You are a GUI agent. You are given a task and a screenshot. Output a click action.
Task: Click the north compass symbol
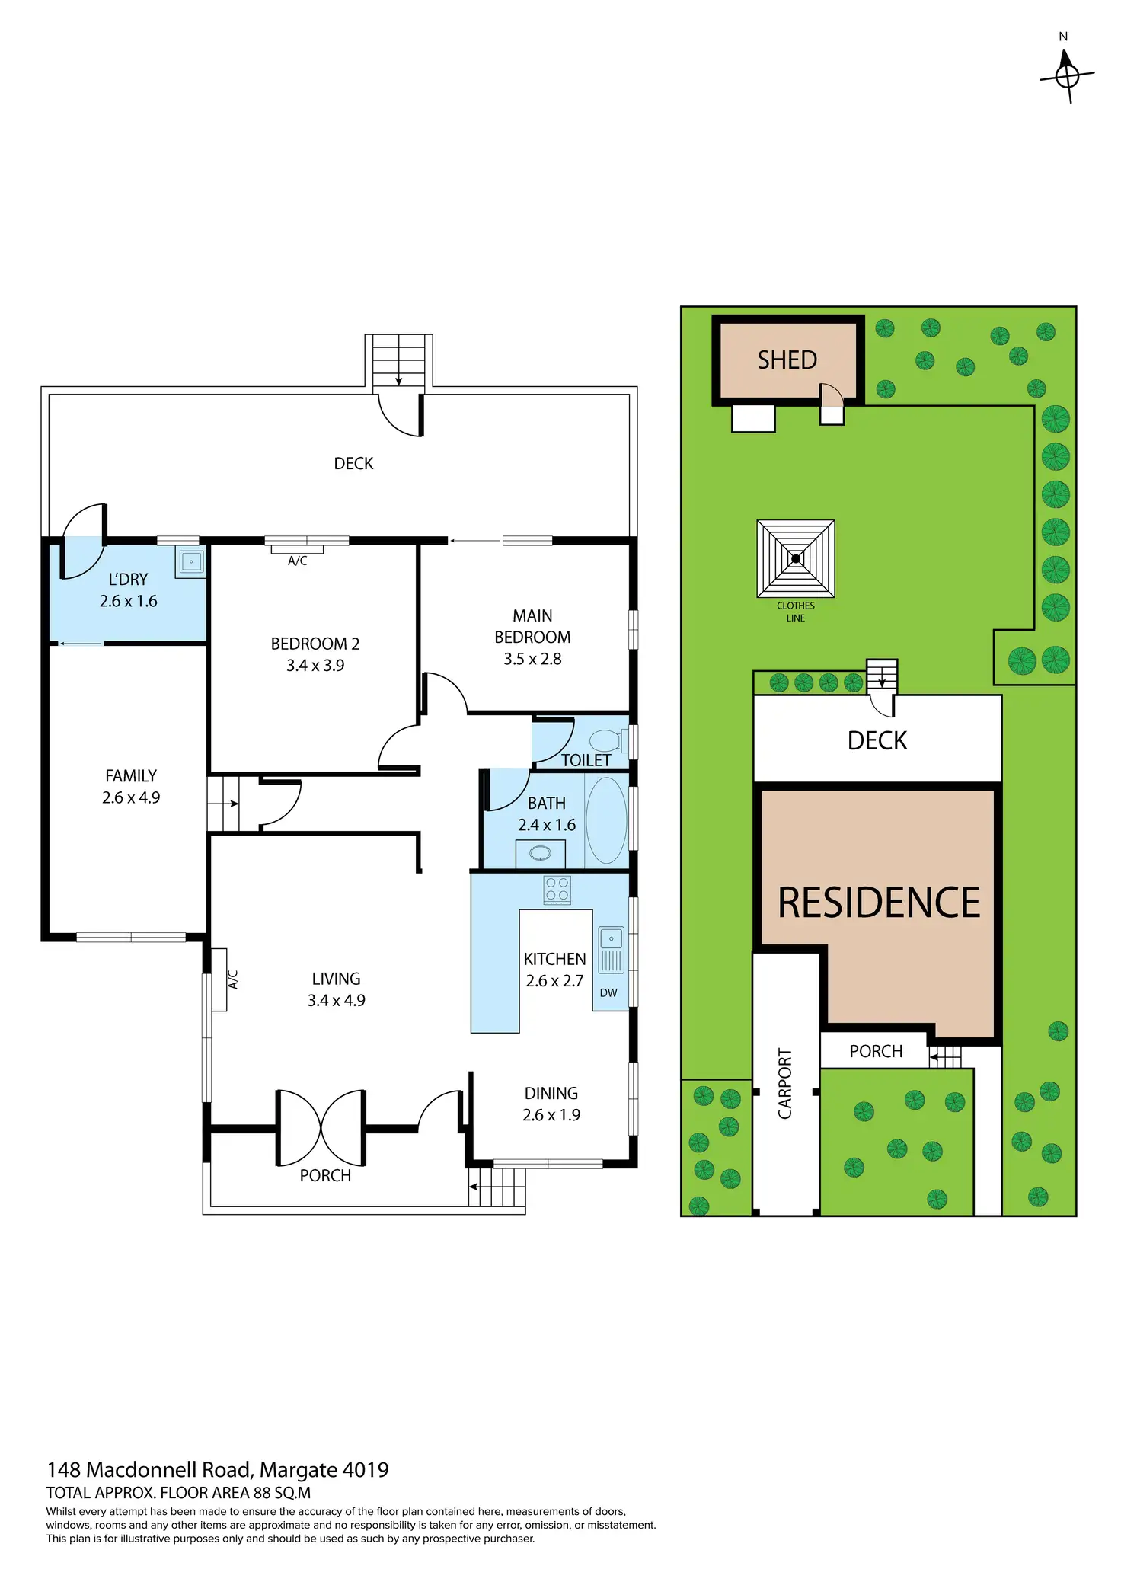(x=1067, y=75)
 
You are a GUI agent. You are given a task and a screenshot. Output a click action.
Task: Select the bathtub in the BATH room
(x=606, y=820)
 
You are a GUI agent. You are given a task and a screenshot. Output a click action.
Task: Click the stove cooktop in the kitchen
(x=557, y=890)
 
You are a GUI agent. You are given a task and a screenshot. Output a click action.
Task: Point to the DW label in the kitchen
(x=608, y=992)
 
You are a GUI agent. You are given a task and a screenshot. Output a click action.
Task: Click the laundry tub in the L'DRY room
(x=190, y=562)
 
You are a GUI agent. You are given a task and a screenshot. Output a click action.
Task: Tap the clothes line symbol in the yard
(x=796, y=558)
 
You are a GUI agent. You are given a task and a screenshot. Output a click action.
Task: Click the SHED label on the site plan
(x=787, y=360)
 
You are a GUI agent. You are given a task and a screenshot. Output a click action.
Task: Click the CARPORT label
(x=785, y=1084)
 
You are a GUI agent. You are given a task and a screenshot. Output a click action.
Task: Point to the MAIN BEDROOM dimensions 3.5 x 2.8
(x=532, y=659)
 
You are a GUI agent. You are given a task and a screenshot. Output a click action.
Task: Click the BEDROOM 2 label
(x=315, y=644)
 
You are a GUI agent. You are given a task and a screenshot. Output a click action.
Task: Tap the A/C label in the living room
(x=233, y=979)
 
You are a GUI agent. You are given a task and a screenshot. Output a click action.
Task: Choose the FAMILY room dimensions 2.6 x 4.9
(x=131, y=797)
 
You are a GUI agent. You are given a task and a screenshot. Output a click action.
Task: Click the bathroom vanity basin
(x=540, y=853)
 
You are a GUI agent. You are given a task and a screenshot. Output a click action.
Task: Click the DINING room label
(x=551, y=1093)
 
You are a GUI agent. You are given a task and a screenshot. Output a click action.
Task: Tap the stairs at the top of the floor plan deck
(x=398, y=361)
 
